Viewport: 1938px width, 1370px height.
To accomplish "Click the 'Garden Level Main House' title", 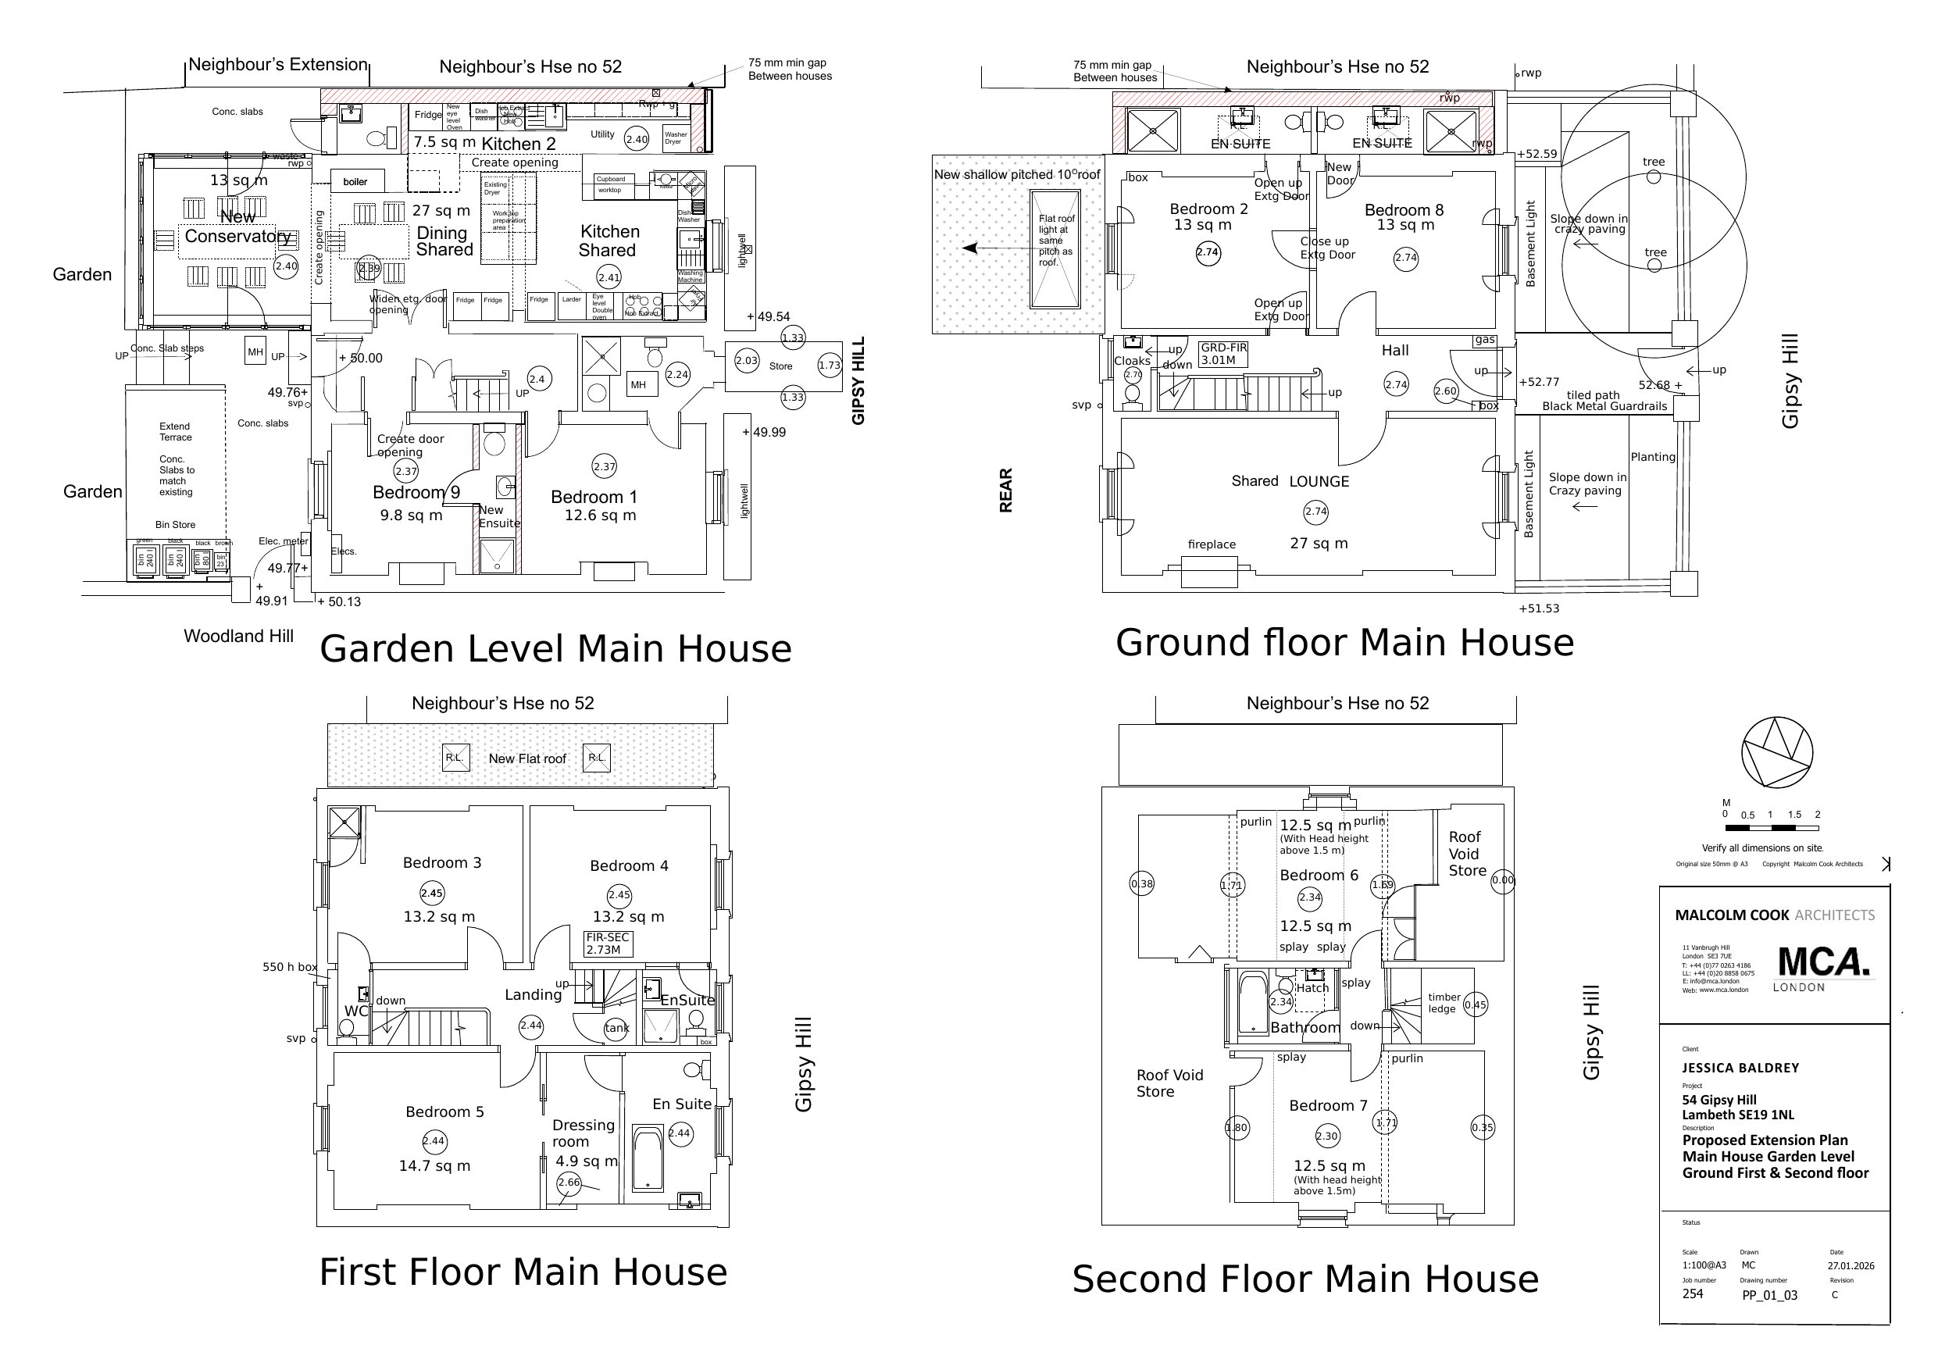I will tap(555, 649).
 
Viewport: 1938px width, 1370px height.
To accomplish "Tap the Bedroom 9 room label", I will tap(416, 493).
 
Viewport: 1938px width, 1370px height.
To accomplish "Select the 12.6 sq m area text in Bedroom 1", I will tap(600, 516).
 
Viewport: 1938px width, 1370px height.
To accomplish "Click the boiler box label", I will tap(355, 182).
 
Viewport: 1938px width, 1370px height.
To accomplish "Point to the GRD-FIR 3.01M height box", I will tap(1223, 354).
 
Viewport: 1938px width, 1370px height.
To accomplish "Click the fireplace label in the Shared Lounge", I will tap(1212, 545).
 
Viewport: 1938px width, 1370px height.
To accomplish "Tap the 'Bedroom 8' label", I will tap(1404, 210).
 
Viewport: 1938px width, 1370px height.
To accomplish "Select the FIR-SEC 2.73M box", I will tap(608, 944).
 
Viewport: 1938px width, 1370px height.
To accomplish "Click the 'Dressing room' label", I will tap(584, 1133).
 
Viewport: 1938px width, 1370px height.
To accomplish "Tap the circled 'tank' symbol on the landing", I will tap(616, 1028).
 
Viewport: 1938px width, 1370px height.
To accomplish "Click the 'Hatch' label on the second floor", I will tap(1312, 987).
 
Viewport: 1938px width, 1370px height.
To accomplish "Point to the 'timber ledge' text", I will tap(1444, 1003).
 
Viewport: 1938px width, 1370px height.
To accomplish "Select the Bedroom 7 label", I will tap(1328, 1106).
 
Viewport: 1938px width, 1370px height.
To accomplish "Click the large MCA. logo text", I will tap(1823, 962).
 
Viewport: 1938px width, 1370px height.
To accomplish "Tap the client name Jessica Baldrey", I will tap(1740, 1068).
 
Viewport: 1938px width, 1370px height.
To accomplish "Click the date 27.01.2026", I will tap(1851, 1265).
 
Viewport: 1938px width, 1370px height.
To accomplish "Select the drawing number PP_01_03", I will tap(1769, 1295).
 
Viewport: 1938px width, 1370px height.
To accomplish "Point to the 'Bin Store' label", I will tap(175, 525).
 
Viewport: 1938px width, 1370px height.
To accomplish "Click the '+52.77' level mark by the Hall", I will tap(1538, 383).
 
